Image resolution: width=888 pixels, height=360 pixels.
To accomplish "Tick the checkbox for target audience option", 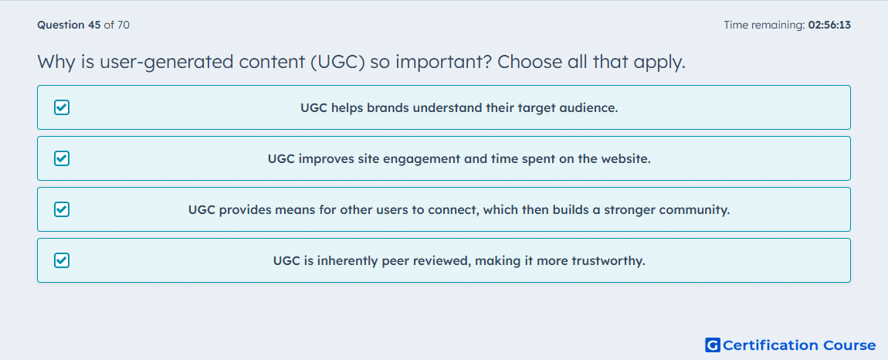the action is [62, 107].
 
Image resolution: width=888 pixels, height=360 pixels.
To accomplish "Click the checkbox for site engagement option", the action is [62, 158].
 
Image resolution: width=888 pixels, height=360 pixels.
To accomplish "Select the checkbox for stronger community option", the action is [62, 209].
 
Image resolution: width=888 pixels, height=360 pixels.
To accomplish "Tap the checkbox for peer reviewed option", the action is [62, 260].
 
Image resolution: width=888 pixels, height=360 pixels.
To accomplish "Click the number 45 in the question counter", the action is [94, 25].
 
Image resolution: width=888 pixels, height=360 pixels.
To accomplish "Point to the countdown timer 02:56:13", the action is [829, 25].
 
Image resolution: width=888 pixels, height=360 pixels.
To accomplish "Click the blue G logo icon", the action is [713, 345].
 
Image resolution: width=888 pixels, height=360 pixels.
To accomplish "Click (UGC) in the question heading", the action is [337, 62].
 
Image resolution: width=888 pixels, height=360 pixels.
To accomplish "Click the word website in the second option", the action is [622, 158].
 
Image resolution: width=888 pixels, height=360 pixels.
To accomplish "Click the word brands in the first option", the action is [388, 107].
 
